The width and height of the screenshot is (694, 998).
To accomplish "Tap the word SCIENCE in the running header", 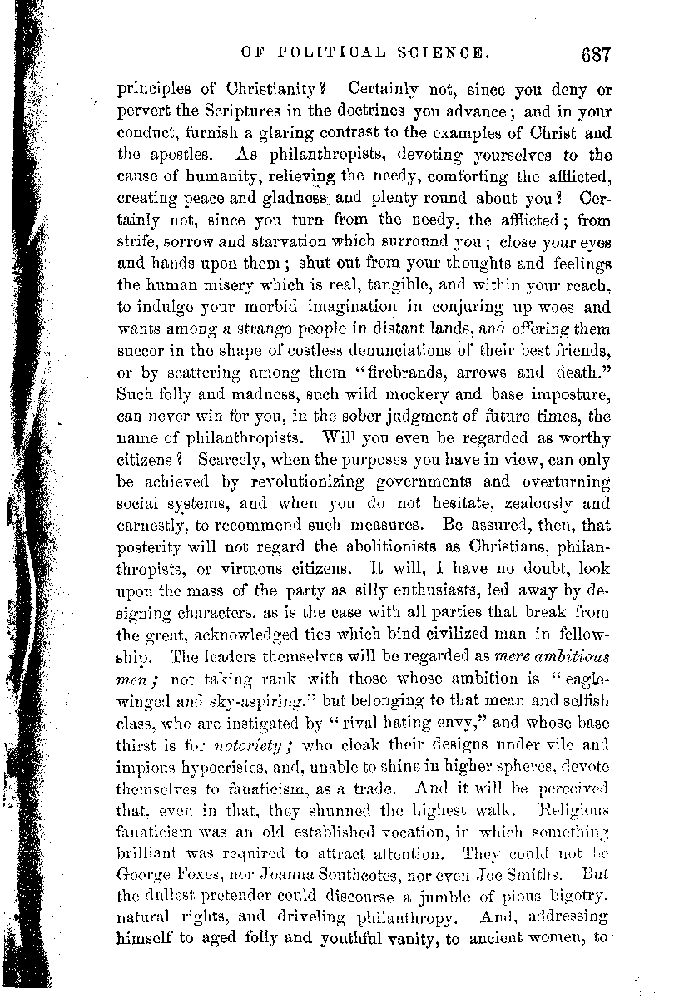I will click(444, 52).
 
